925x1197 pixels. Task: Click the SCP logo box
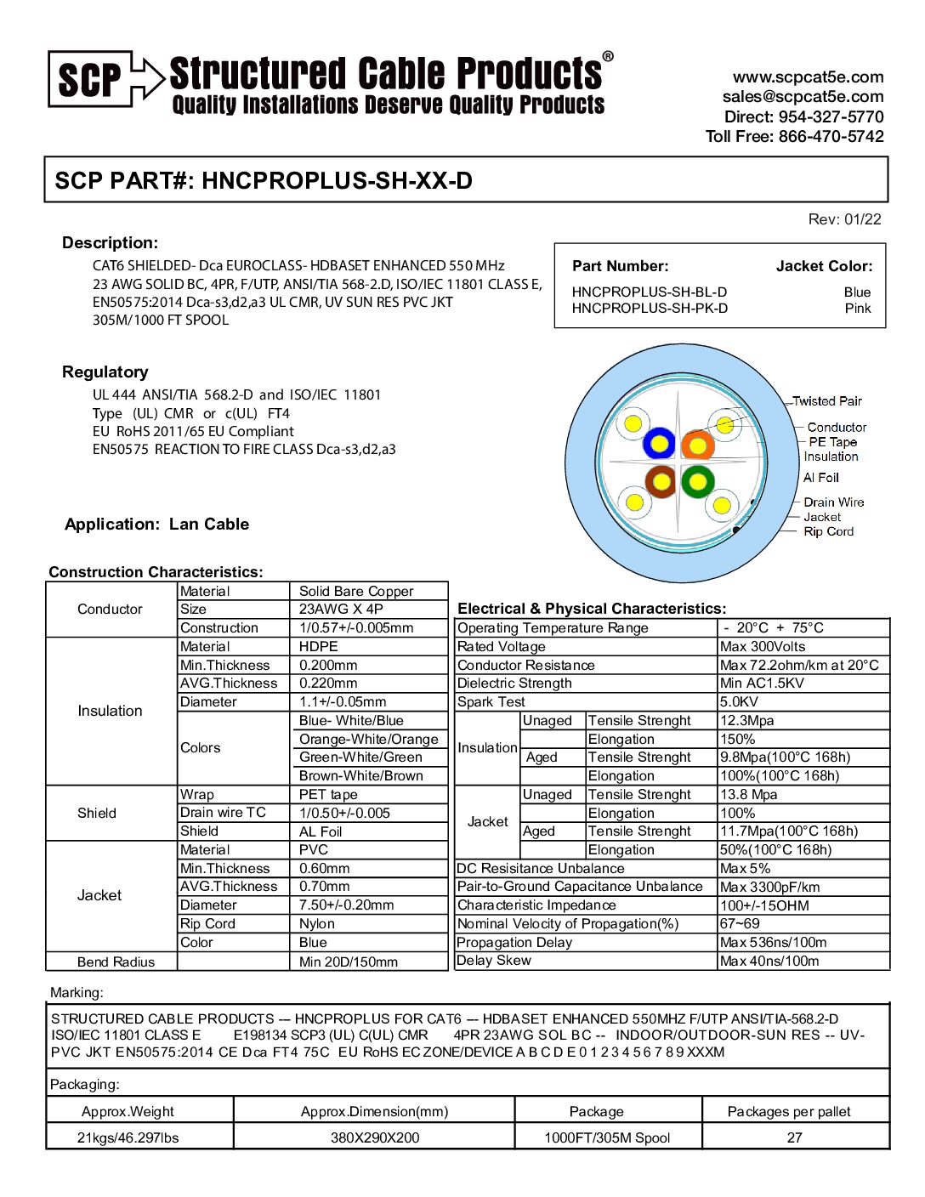90,79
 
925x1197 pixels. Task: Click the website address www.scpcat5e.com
808,77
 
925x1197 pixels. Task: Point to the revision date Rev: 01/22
844,219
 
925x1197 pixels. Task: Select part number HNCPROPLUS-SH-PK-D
650,309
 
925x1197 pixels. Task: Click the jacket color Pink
857,309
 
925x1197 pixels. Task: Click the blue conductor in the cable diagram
659,444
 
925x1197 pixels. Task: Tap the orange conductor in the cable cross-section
697,445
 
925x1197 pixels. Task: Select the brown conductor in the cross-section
660,482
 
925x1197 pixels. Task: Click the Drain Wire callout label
833,502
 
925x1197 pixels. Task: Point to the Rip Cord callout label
828,531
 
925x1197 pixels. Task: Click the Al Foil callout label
820,478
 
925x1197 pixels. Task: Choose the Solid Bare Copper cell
356,591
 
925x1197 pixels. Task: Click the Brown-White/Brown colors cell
361,775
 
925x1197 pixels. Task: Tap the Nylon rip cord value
317,924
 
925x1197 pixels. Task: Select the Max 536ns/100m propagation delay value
773,943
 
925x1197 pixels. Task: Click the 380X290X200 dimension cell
375,1137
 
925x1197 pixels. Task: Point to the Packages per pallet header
789,1111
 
